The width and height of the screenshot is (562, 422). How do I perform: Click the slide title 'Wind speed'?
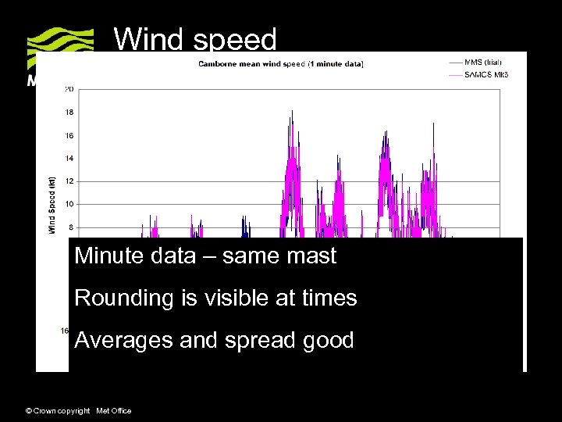point(195,39)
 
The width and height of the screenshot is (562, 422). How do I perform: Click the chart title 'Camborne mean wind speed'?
point(280,63)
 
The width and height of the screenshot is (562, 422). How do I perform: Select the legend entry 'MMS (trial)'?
point(484,62)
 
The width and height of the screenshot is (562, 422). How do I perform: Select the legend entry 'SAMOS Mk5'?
point(486,75)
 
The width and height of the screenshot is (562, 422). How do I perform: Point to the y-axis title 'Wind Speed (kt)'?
point(52,205)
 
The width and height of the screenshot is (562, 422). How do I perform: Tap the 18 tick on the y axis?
point(69,113)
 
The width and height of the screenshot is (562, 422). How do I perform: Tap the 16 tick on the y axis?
point(69,135)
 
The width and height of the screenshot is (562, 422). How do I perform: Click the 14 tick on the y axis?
point(69,159)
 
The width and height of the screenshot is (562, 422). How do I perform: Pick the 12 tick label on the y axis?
point(69,181)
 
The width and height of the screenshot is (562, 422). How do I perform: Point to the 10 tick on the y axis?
point(69,205)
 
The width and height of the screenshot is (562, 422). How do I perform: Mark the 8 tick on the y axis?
point(71,227)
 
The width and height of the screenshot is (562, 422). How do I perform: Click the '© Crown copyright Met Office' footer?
point(79,411)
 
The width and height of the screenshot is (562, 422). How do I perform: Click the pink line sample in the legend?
point(455,75)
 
